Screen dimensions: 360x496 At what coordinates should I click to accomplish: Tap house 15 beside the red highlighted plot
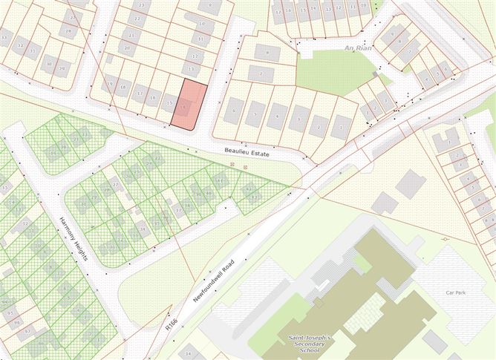[x=169, y=103]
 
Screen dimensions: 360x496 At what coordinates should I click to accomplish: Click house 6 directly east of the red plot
[x=233, y=110]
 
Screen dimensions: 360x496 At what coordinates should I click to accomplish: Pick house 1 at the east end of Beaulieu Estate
[x=341, y=127]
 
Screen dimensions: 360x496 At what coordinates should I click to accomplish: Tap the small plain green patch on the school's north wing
[x=362, y=261]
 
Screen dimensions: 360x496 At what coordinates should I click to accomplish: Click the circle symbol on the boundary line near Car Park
[x=444, y=240]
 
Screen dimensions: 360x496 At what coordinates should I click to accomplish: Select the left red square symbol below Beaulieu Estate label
[x=233, y=165]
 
